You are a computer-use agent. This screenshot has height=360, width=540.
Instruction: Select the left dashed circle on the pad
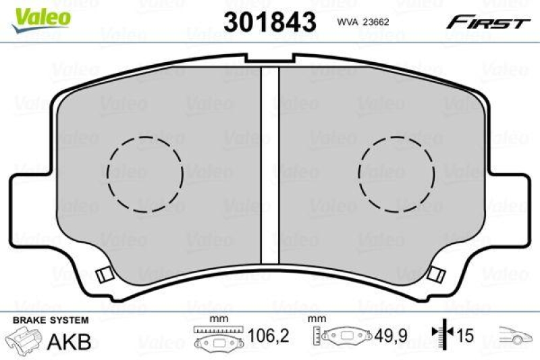point(145,174)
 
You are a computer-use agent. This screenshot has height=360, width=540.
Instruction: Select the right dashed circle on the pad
point(396,174)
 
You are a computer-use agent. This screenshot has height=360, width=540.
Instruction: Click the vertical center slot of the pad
point(270,169)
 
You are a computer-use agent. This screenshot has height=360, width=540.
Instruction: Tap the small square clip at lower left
point(104,275)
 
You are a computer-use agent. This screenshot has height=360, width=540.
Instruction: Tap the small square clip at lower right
point(436,275)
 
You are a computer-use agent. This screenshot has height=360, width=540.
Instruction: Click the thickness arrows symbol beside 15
point(441,336)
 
